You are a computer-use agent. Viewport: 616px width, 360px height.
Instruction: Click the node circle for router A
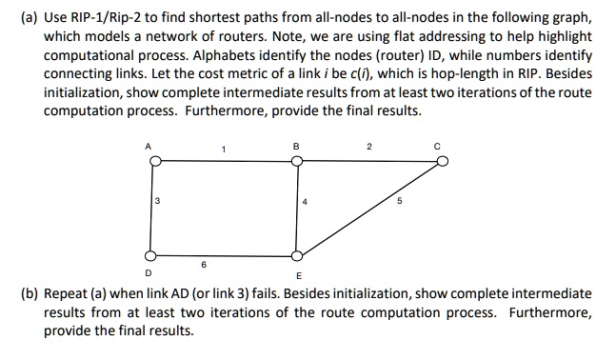point(149,162)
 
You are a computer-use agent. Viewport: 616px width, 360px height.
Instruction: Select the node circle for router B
point(297,162)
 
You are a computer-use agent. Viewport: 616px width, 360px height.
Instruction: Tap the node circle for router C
point(442,162)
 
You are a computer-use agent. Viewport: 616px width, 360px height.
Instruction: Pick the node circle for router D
point(149,255)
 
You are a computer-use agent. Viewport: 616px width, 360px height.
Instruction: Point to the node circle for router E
point(297,255)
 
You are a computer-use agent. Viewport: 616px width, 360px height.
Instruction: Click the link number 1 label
point(223,148)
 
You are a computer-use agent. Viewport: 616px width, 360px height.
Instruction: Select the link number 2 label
point(368,147)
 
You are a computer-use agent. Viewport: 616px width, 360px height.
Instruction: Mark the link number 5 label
point(400,201)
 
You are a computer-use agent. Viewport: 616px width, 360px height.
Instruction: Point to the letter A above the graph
point(149,146)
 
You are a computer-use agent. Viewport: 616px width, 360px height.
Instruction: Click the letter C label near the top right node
point(441,147)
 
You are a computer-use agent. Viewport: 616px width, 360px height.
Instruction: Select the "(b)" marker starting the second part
point(29,293)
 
